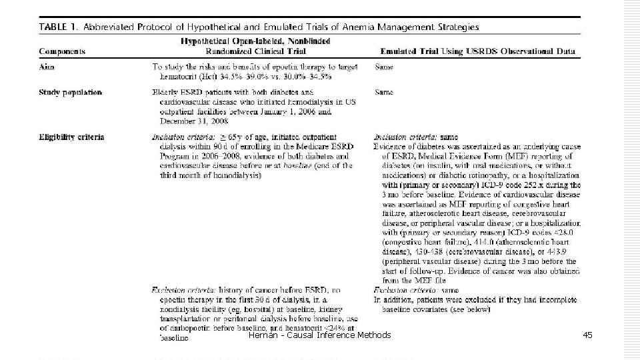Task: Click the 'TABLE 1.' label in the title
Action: [x=59, y=27]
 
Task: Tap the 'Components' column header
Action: [x=61, y=51]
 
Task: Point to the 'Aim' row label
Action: [x=46, y=67]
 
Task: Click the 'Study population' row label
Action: [x=70, y=92]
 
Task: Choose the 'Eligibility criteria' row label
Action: [x=72, y=137]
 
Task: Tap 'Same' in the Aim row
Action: [x=384, y=67]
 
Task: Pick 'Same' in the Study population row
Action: [x=384, y=92]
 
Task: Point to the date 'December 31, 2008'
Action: [x=191, y=122]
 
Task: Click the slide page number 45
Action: [x=587, y=335]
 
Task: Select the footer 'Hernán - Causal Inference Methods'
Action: [x=319, y=335]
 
